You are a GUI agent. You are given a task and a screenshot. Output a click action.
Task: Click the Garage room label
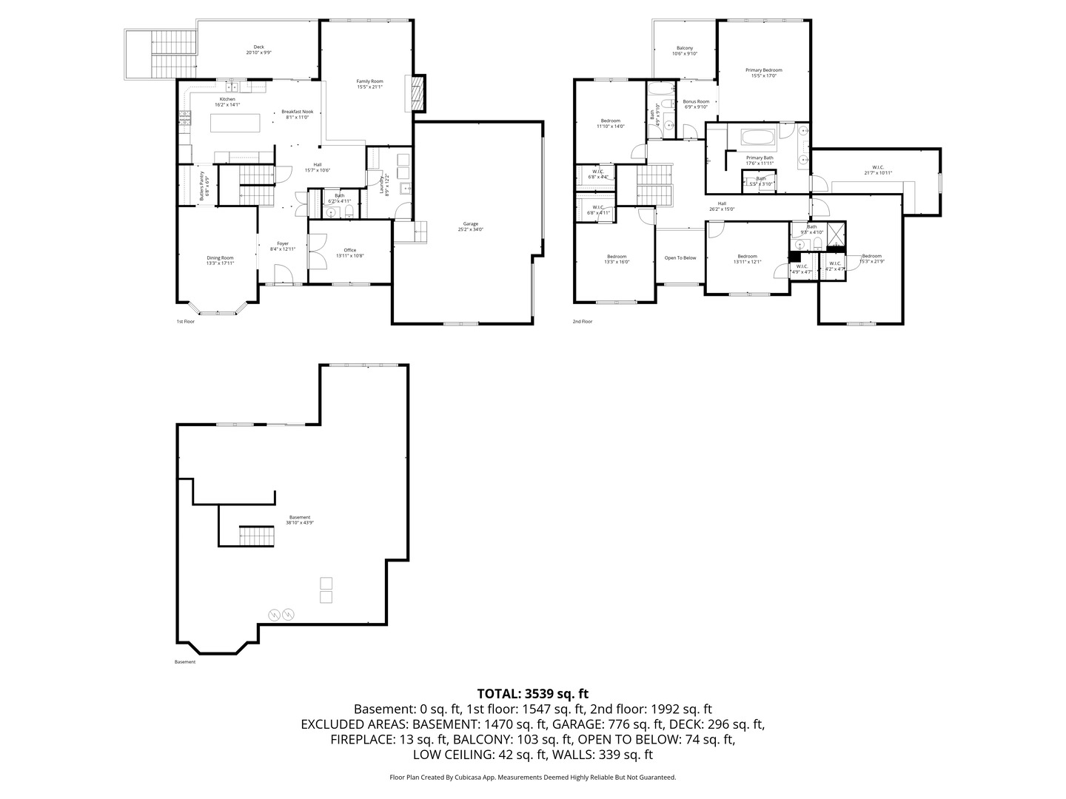(x=470, y=226)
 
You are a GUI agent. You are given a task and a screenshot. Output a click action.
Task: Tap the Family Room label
(x=369, y=84)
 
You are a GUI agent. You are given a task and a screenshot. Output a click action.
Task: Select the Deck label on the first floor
(x=258, y=50)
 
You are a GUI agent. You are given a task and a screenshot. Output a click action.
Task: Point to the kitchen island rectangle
(x=237, y=122)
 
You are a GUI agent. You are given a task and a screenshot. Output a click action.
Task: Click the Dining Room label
(x=220, y=260)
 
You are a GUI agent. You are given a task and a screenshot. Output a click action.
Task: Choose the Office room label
(x=350, y=252)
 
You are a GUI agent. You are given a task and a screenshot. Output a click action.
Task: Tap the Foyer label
(x=283, y=246)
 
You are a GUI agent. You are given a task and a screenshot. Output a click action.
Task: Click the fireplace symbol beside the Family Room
(x=418, y=93)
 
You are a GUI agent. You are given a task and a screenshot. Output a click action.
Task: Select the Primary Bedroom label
(x=763, y=73)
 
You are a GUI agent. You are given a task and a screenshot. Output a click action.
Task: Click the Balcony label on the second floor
(x=685, y=50)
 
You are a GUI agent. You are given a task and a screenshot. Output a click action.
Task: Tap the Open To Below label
(x=680, y=257)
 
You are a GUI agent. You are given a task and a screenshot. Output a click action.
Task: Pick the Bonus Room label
(x=696, y=104)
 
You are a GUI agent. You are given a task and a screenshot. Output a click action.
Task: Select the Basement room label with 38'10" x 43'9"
(x=300, y=520)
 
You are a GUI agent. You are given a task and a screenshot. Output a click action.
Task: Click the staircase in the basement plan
(x=257, y=536)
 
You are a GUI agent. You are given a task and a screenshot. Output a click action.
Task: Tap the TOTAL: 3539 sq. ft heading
(x=532, y=694)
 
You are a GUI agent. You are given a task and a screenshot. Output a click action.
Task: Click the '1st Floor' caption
(x=185, y=322)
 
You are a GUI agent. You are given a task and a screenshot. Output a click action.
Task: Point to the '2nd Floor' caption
(x=583, y=322)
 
